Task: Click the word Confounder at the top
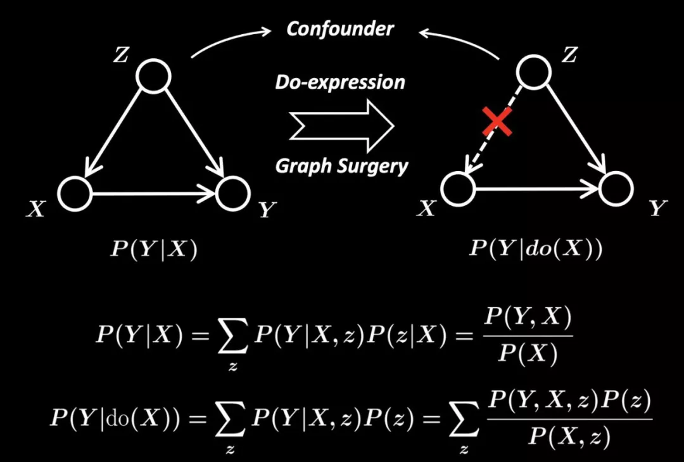339,29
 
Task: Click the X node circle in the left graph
75,194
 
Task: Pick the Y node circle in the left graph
233,194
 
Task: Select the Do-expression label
339,82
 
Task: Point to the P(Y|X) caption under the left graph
154,249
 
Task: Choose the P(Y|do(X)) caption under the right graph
536,248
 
